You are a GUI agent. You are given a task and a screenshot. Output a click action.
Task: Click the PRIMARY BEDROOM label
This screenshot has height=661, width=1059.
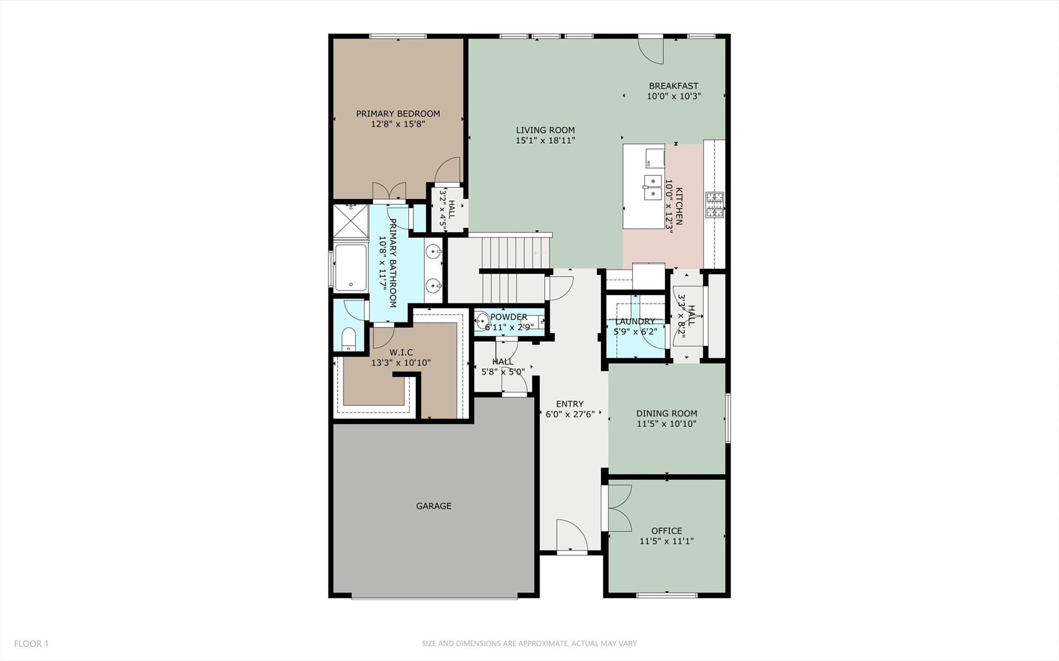397,114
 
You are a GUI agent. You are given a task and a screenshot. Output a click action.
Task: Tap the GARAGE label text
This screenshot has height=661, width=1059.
434,506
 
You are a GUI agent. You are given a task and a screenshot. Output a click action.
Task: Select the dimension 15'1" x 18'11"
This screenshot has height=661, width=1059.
545,140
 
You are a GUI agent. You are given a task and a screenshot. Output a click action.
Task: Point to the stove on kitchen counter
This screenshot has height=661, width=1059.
714,204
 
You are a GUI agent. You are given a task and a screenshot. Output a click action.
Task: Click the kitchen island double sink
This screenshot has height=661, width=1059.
652,187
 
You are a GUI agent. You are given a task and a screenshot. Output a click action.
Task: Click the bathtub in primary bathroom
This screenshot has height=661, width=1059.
350,267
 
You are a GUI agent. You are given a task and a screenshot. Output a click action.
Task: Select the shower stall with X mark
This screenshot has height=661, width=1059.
350,221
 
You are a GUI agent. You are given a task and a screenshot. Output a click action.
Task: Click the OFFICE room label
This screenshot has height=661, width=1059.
666,531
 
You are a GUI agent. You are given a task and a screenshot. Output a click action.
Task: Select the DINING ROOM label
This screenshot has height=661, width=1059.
666,413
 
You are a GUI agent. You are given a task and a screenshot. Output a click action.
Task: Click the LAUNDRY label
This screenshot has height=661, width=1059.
635,321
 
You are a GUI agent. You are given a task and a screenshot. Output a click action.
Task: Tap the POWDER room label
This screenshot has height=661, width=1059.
509,317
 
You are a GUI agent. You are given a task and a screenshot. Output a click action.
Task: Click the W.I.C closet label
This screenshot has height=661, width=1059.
401,353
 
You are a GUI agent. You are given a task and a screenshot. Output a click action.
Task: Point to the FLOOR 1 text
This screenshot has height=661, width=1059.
31,643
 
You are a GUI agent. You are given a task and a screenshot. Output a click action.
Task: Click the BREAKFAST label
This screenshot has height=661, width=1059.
673,86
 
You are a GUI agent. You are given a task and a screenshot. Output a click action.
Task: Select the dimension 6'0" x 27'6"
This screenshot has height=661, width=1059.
570,414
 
